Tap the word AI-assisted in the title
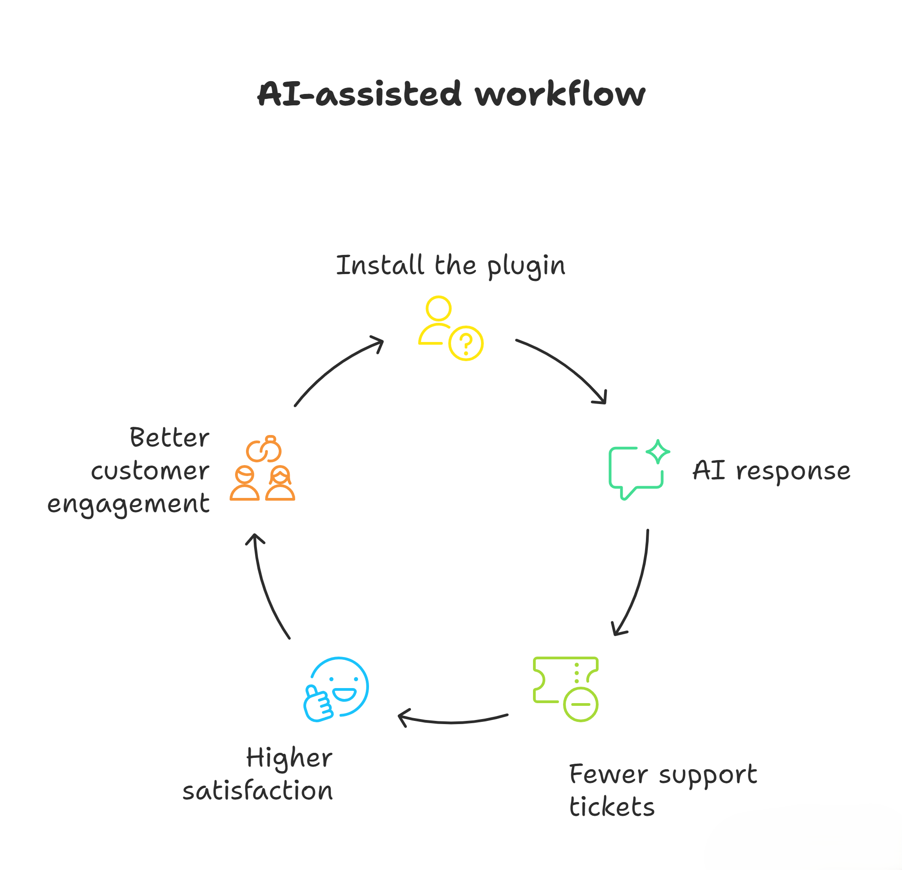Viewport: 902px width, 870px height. tap(359, 94)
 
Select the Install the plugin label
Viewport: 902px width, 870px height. tap(451, 266)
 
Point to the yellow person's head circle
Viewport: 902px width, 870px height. tap(438, 309)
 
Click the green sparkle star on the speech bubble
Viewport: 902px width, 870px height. tap(658, 451)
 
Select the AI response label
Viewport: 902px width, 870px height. tap(771, 471)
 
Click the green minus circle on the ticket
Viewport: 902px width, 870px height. tap(580, 704)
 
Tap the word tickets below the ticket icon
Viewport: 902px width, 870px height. tap(612, 807)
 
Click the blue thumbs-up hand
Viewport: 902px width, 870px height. tap(318, 703)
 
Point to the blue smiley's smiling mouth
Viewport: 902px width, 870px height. tap(344, 694)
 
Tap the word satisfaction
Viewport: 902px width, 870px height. tap(258, 791)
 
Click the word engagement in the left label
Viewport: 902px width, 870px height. tap(128, 504)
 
